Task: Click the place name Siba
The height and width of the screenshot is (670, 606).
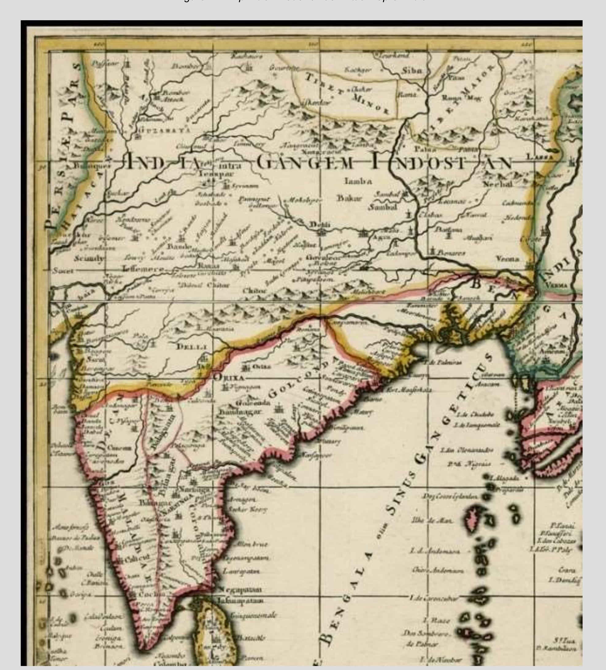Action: tap(412, 71)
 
